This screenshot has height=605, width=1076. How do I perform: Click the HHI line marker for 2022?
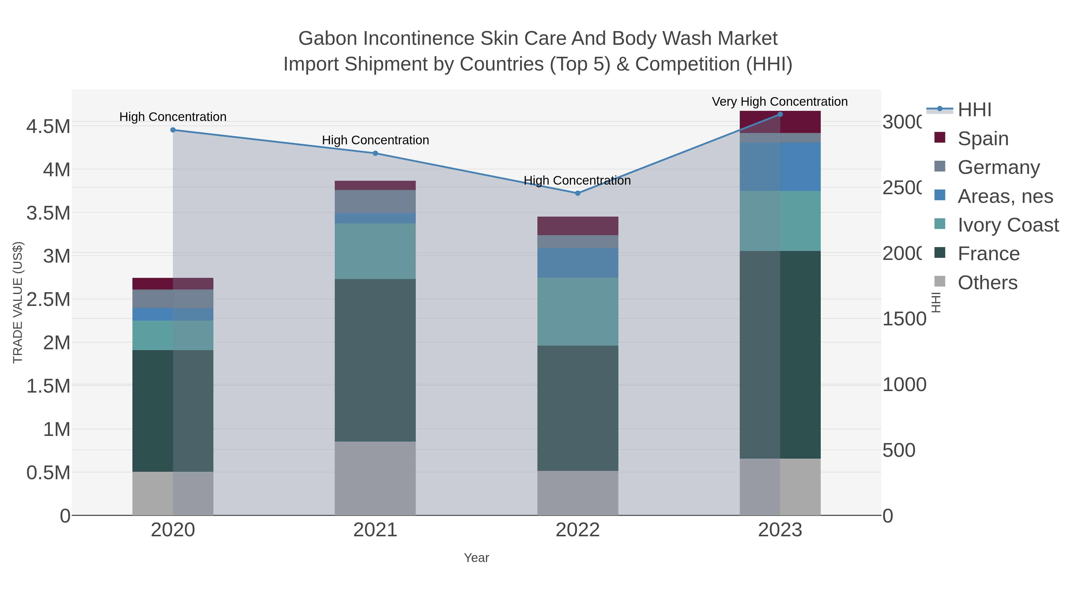pyautogui.click(x=578, y=193)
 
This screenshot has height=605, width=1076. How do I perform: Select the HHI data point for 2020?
pyautogui.click(x=173, y=130)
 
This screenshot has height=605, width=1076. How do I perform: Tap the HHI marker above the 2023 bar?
pyautogui.click(x=780, y=114)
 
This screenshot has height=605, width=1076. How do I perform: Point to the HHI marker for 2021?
pyautogui.click(x=375, y=153)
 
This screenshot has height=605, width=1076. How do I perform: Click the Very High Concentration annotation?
pyautogui.click(x=780, y=102)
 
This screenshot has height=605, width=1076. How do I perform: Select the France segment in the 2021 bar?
pyautogui.click(x=375, y=360)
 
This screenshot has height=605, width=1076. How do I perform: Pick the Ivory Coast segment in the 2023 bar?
pyautogui.click(x=780, y=221)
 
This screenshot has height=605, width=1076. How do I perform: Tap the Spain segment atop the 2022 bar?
pyautogui.click(x=578, y=226)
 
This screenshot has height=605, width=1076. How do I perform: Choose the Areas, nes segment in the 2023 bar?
pyautogui.click(x=780, y=167)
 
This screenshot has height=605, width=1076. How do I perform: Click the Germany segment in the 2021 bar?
pyautogui.click(x=375, y=202)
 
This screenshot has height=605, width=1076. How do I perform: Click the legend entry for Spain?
pyautogui.click(x=983, y=139)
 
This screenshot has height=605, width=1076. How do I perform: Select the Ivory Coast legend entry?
pyautogui.click(x=1008, y=225)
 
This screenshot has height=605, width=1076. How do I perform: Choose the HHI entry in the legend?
pyautogui.click(x=974, y=110)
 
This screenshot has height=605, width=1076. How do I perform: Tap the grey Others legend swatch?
pyautogui.click(x=939, y=282)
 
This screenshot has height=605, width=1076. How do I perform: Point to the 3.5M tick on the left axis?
pyautogui.click(x=48, y=213)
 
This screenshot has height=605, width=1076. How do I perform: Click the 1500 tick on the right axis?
pyautogui.click(x=904, y=319)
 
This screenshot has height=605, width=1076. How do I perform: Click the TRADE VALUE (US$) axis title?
pyautogui.click(x=18, y=302)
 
